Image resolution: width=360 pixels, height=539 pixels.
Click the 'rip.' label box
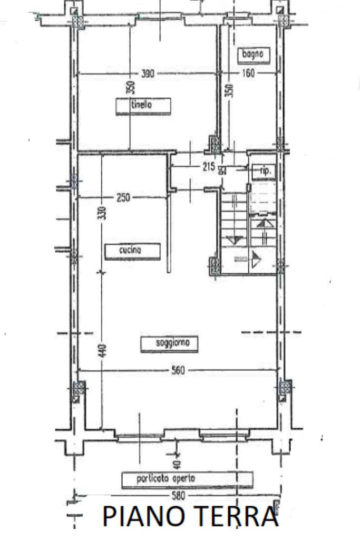click(264, 171)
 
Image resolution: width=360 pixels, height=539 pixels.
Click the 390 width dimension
click(147, 74)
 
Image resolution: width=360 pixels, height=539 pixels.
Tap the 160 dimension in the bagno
click(248, 73)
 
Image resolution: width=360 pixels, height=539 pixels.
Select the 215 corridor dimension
click(208, 167)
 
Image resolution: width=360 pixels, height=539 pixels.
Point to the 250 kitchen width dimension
click(123, 198)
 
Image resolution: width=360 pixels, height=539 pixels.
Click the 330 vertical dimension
click(102, 213)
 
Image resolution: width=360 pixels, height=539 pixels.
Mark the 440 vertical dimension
click(103, 350)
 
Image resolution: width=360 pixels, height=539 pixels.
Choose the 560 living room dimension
click(178, 370)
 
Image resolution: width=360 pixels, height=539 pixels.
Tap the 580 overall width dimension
click(178, 496)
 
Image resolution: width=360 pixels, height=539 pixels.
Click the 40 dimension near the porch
click(177, 465)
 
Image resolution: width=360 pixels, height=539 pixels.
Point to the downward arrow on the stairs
click(235, 240)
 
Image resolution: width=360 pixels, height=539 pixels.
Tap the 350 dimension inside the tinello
click(131, 87)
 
